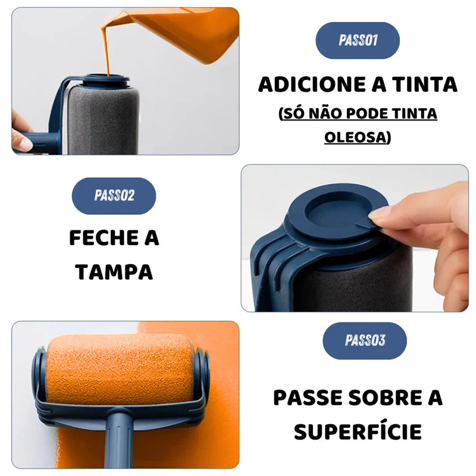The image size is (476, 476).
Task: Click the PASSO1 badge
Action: [358, 40]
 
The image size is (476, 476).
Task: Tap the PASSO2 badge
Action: [114, 196]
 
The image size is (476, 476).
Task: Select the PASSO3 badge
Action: [365, 340]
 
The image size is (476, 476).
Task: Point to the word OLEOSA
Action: [355, 137]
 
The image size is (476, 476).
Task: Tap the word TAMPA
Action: [114, 272]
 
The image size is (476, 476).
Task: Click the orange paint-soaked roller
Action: [120, 369]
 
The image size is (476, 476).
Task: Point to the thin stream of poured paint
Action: [107, 52]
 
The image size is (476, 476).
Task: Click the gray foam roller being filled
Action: [103, 120]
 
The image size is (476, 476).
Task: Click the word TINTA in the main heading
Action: [425, 84]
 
